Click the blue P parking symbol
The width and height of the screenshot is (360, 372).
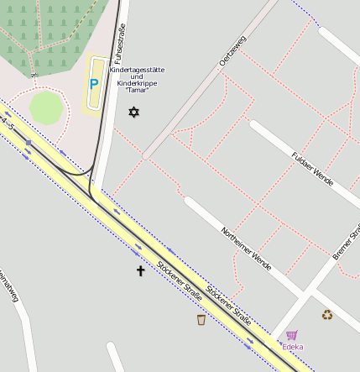coord(94,84)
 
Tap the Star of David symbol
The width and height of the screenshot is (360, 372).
coord(132,112)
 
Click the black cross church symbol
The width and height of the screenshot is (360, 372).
coord(141,270)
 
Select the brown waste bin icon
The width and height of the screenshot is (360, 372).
coord(201,320)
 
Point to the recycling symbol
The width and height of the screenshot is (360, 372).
coord(327,315)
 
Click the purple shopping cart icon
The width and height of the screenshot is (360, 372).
coord(291,335)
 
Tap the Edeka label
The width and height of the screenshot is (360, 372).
coord(293,347)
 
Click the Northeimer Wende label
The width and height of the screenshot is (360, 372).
coord(246,244)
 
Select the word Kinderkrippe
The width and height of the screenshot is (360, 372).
coord(138,83)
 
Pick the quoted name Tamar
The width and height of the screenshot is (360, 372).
coord(138,90)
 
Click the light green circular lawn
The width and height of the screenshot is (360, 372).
coord(46,108)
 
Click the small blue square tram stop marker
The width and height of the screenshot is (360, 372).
coord(29,143)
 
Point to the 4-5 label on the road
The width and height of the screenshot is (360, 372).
coord(8,126)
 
